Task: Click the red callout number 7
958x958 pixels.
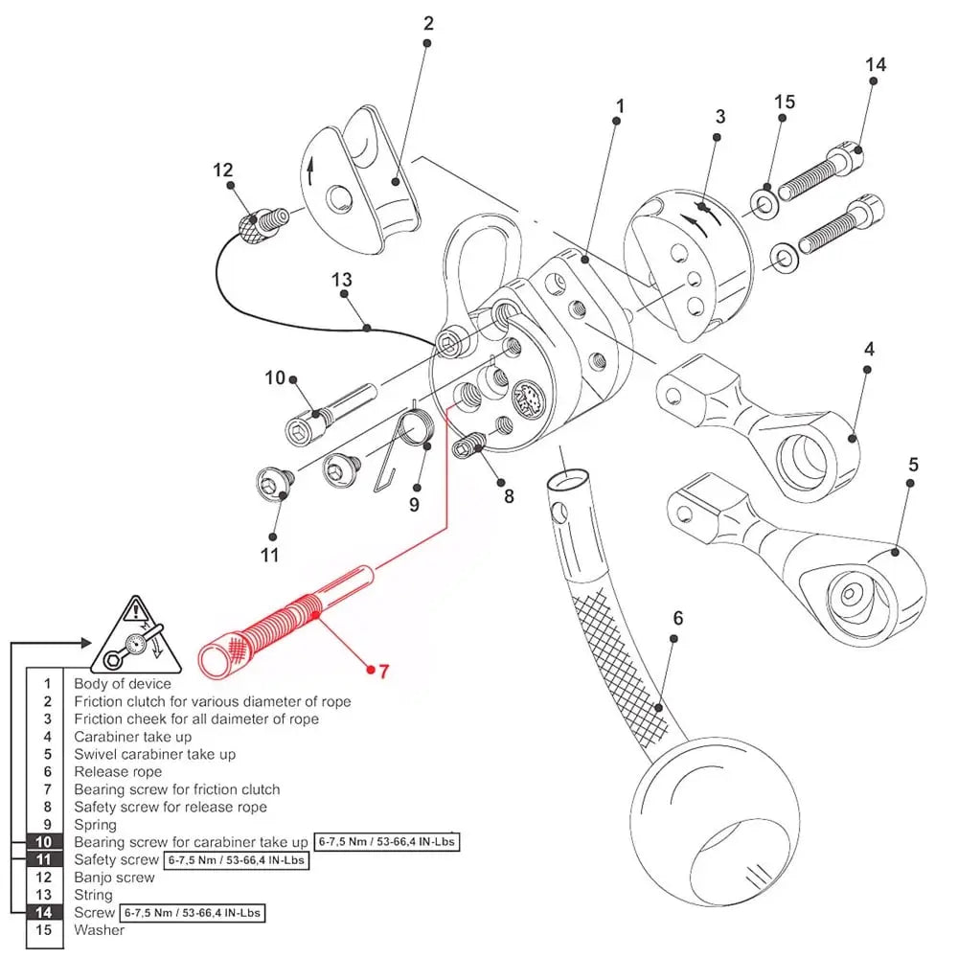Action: [x=383, y=672]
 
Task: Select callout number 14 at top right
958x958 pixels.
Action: [x=875, y=65]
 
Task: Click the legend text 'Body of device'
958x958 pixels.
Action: [x=123, y=684]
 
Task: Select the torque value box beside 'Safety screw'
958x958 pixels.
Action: [x=237, y=860]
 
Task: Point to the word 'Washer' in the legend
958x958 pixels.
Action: [x=99, y=929]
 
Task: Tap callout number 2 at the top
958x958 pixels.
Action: [x=428, y=23]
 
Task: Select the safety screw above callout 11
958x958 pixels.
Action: [x=274, y=484]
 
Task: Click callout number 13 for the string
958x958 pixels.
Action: [x=342, y=281]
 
